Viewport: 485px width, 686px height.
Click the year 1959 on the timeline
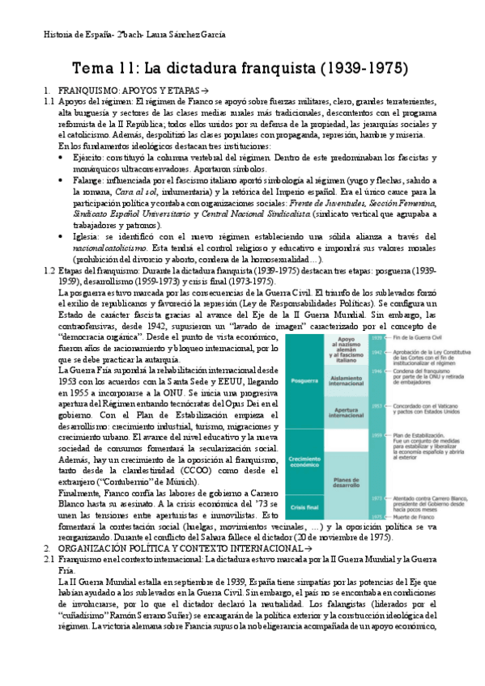coord(377,435)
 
